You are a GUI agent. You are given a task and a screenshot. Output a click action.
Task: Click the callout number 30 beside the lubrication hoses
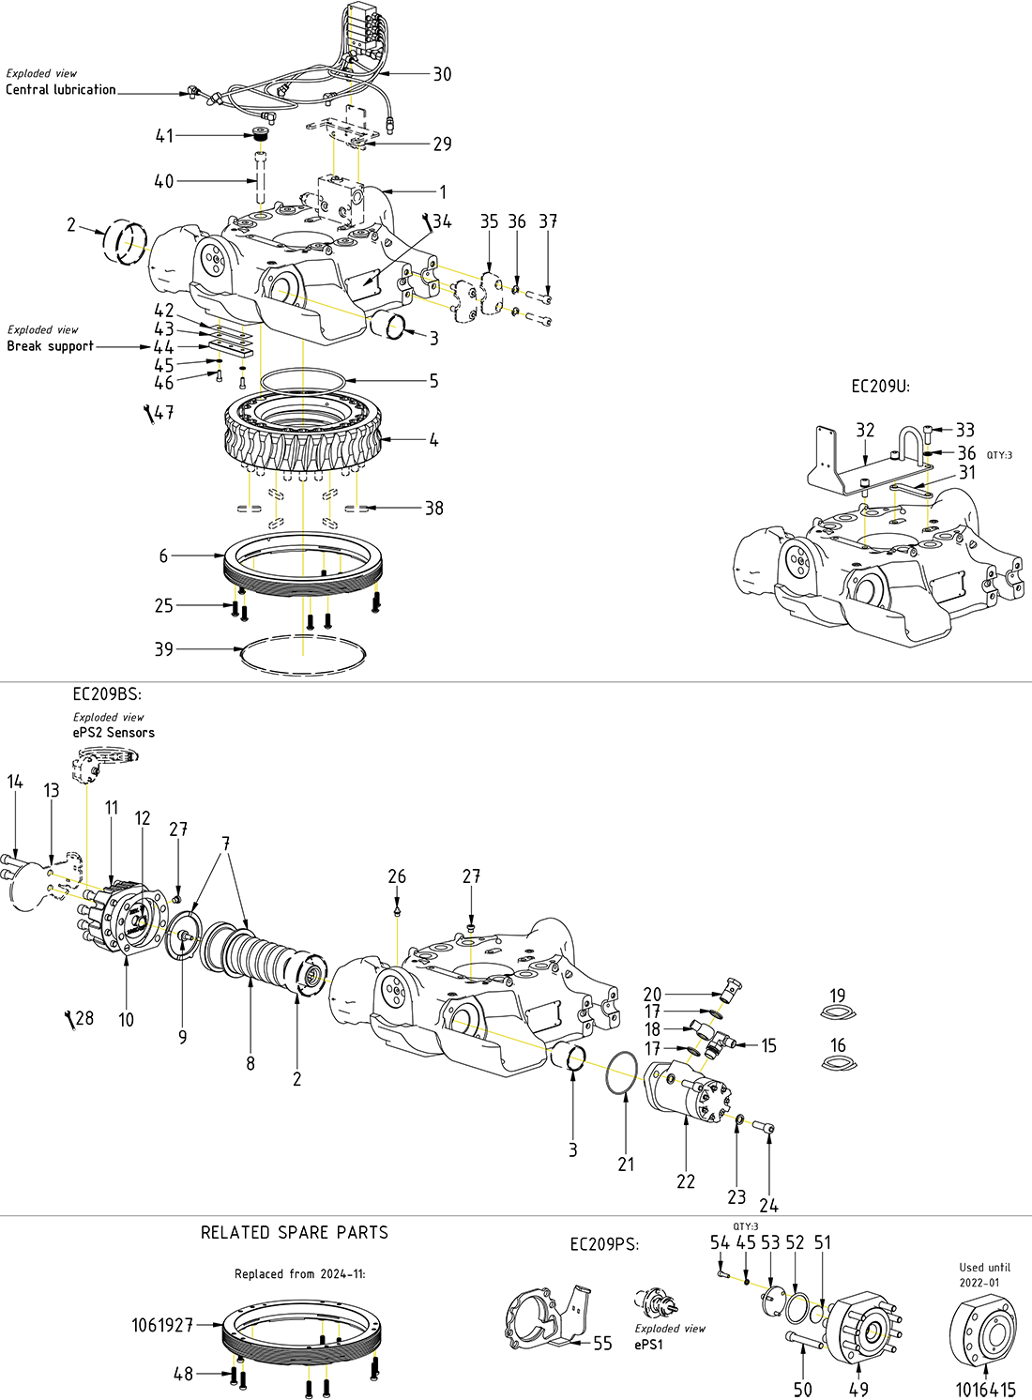pyautogui.click(x=442, y=74)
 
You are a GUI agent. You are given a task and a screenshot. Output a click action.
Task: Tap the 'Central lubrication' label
pyautogui.click(x=61, y=90)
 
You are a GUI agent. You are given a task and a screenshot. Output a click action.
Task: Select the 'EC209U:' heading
pyautogui.click(x=880, y=386)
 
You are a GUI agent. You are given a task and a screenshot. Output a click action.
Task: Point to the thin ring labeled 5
pyautogui.click(x=303, y=381)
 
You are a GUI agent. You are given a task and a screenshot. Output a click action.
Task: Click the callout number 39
pyautogui.click(x=164, y=649)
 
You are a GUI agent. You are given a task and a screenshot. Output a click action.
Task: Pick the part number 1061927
pyautogui.click(x=162, y=1325)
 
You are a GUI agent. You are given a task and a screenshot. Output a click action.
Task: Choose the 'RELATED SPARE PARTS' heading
pyautogui.click(x=294, y=1233)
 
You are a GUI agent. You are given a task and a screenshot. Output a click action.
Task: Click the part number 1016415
pyautogui.click(x=985, y=1390)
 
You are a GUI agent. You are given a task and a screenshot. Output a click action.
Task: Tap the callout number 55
pyautogui.click(x=602, y=1345)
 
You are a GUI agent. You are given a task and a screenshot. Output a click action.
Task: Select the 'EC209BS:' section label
pyautogui.click(x=107, y=695)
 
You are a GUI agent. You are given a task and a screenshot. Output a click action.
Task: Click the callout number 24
pyautogui.click(x=769, y=1205)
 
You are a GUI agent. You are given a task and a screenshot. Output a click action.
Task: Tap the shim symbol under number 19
pyautogui.click(x=838, y=1012)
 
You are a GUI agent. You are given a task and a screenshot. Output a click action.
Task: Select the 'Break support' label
pyautogui.click(x=51, y=346)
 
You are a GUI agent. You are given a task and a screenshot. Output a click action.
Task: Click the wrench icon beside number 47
pyautogui.click(x=148, y=414)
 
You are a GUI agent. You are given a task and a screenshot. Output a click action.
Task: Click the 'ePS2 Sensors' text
pyautogui.click(x=114, y=733)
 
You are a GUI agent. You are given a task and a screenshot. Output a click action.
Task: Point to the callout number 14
pyautogui.click(x=15, y=782)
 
